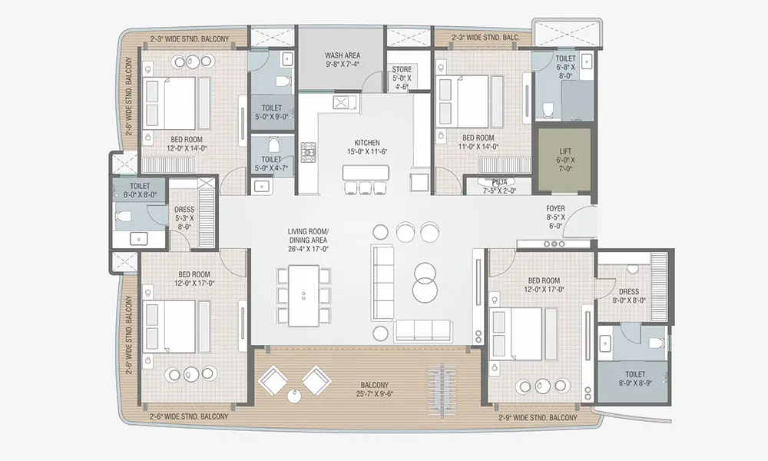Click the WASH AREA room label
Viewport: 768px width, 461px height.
(343, 60)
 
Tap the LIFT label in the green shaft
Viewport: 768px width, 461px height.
(565, 160)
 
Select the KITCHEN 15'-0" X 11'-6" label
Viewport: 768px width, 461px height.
(367, 147)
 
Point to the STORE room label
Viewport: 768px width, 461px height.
(402, 78)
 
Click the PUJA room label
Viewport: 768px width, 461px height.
(500, 186)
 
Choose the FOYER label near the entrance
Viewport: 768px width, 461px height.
(556, 217)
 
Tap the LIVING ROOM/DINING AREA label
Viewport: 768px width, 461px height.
(308, 240)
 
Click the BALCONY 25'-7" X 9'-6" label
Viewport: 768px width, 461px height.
(375, 389)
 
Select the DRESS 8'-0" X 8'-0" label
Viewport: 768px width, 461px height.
(629, 296)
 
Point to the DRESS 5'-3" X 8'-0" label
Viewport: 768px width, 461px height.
(184, 218)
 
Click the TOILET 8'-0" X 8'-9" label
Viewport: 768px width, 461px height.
(635, 378)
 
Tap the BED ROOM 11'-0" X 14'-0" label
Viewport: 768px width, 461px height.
(478, 142)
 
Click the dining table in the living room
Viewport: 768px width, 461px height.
(303, 295)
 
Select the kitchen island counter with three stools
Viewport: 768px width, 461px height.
(366, 172)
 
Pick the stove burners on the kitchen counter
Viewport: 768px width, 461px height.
(309, 152)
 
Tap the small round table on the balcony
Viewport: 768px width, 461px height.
(294, 396)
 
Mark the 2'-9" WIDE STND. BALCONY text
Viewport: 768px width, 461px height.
(538, 417)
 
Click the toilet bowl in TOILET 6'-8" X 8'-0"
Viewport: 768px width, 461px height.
(548, 109)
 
